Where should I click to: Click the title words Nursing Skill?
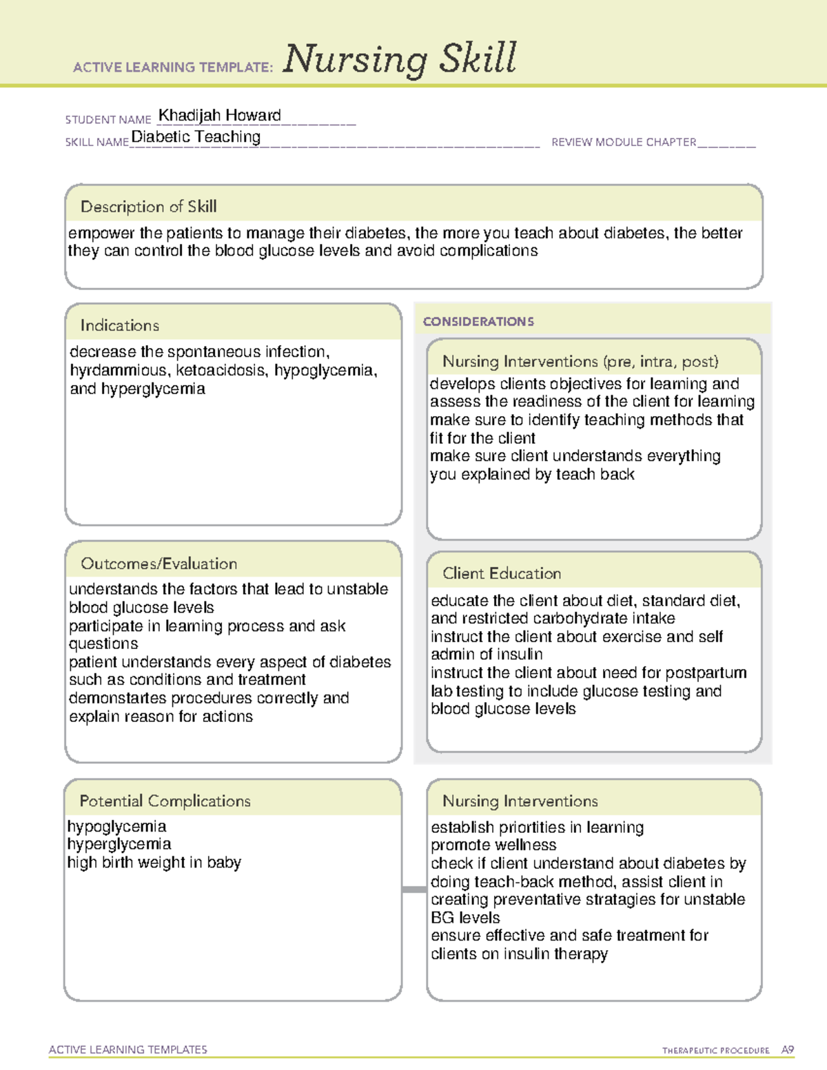399,59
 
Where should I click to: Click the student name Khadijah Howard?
219,115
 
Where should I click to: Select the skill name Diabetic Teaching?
196,136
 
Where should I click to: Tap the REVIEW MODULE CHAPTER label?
623,142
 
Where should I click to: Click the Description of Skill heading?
148,207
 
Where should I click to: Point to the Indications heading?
119,325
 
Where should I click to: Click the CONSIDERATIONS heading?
478,322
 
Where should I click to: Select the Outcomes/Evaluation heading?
159,564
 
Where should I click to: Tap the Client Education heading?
501,573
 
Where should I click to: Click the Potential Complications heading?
165,801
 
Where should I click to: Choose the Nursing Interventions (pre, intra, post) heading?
580,362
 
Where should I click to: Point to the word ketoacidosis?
221,371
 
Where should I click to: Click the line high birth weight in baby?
154,863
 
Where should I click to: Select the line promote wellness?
493,845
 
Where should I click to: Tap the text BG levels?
465,918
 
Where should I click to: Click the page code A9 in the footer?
787,1050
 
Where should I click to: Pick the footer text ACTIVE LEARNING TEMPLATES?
127,1049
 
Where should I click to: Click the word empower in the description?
101,234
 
